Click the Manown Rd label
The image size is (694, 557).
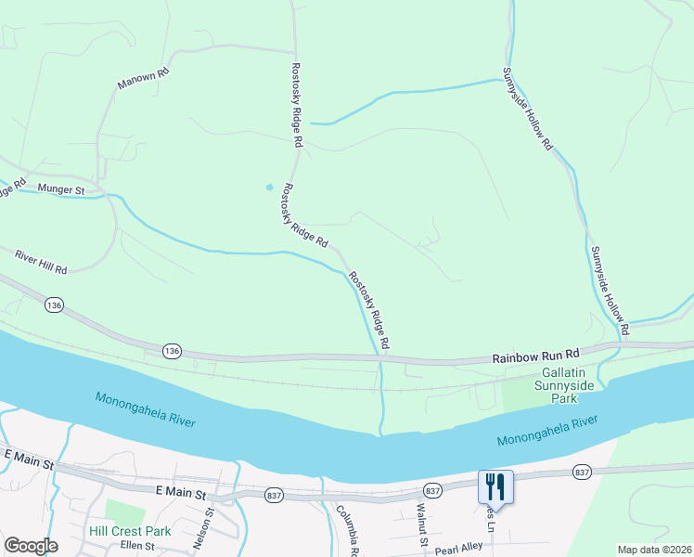pyautogui.click(x=143, y=78)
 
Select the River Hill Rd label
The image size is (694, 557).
pyautogui.click(x=42, y=261)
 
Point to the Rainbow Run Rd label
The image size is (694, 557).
pyautogui.click(x=535, y=355)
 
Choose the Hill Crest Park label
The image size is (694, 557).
pyautogui.click(x=130, y=532)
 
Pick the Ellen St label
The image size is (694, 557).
pyautogui.click(x=136, y=546)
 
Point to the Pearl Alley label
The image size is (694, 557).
pyautogui.click(x=458, y=548)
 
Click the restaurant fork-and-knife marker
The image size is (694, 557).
pyautogui.click(x=495, y=486)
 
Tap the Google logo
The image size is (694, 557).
pyautogui.click(x=31, y=546)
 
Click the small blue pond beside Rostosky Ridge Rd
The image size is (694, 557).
pyautogui.click(x=270, y=188)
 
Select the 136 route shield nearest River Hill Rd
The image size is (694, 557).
pyautogui.click(x=55, y=304)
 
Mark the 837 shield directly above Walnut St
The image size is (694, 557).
pyautogui.click(x=431, y=490)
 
